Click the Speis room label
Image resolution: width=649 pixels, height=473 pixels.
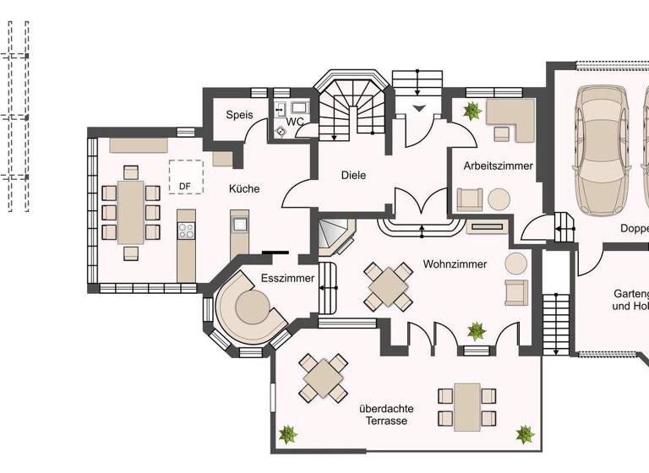[239, 116]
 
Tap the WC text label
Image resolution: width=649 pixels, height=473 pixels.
[295, 122]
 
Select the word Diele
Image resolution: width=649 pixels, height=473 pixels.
[353, 176]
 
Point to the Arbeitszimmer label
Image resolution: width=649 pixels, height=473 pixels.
[498, 166]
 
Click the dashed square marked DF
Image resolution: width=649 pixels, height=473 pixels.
[185, 177]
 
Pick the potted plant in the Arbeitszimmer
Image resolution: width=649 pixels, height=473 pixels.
[470, 111]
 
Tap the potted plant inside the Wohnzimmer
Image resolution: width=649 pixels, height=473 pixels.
[477, 329]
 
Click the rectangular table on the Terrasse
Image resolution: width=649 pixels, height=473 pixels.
[466, 405]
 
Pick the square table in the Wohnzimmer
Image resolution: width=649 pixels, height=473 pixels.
[388, 285]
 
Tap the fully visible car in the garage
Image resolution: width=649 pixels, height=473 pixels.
[601, 148]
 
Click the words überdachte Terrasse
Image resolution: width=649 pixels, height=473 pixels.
[388, 414]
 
